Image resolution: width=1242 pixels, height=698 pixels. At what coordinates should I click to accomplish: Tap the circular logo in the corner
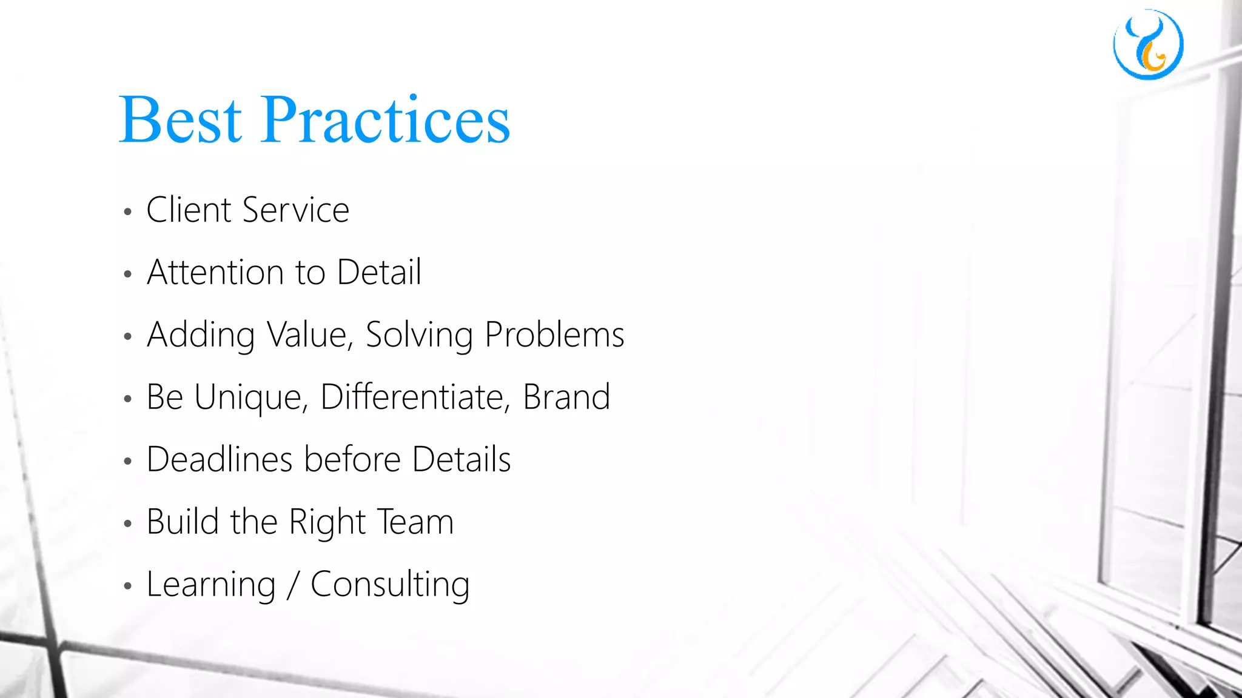[1148, 44]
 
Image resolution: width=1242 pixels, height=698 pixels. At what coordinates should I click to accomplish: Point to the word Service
[295, 210]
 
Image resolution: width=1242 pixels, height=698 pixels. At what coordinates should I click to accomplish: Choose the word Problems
[554, 334]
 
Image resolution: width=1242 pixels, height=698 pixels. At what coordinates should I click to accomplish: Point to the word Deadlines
[220, 459]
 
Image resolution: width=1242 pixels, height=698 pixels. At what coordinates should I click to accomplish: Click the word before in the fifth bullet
[352, 459]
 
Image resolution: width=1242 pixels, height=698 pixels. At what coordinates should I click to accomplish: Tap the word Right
[327, 523]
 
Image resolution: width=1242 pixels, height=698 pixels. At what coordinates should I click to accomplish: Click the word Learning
[211, 585]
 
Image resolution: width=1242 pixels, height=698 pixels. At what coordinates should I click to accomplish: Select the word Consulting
[390, 585]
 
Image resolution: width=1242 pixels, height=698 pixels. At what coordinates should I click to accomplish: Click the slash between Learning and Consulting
[294, 585]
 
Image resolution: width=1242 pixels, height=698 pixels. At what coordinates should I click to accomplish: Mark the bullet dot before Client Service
[127, 212]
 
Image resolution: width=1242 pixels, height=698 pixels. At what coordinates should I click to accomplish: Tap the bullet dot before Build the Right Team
[127, 523]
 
